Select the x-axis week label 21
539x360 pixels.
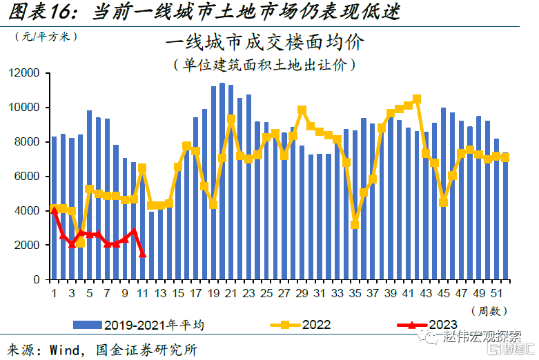coord(231,293)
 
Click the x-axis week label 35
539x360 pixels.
coord(355,293)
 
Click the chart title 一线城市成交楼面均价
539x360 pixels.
coord(264,43)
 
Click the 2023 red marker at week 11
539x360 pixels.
coord(142,254)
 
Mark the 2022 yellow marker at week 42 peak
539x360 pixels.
coord(416,99)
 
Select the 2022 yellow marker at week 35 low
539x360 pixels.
coord(355,224)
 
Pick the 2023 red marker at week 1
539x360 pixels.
coord(54,210)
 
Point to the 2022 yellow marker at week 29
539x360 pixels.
coord(302,110)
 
